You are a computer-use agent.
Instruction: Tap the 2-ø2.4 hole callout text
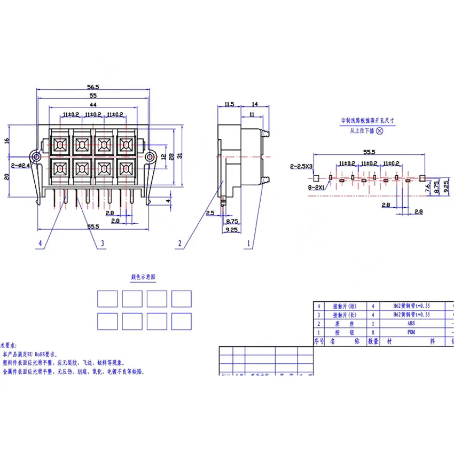coord(20,166)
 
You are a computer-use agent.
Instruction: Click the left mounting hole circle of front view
coord(36,157)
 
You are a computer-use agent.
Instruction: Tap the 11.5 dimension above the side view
coord(229,105)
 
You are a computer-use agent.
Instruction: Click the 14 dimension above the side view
coord(254,105)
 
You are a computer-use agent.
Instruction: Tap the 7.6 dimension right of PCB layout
coord(427,188)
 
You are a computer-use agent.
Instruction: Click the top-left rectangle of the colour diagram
coord(107,299)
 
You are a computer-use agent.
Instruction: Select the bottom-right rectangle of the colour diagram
coord(182,321)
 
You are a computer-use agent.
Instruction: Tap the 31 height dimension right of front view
coord(180,155)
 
